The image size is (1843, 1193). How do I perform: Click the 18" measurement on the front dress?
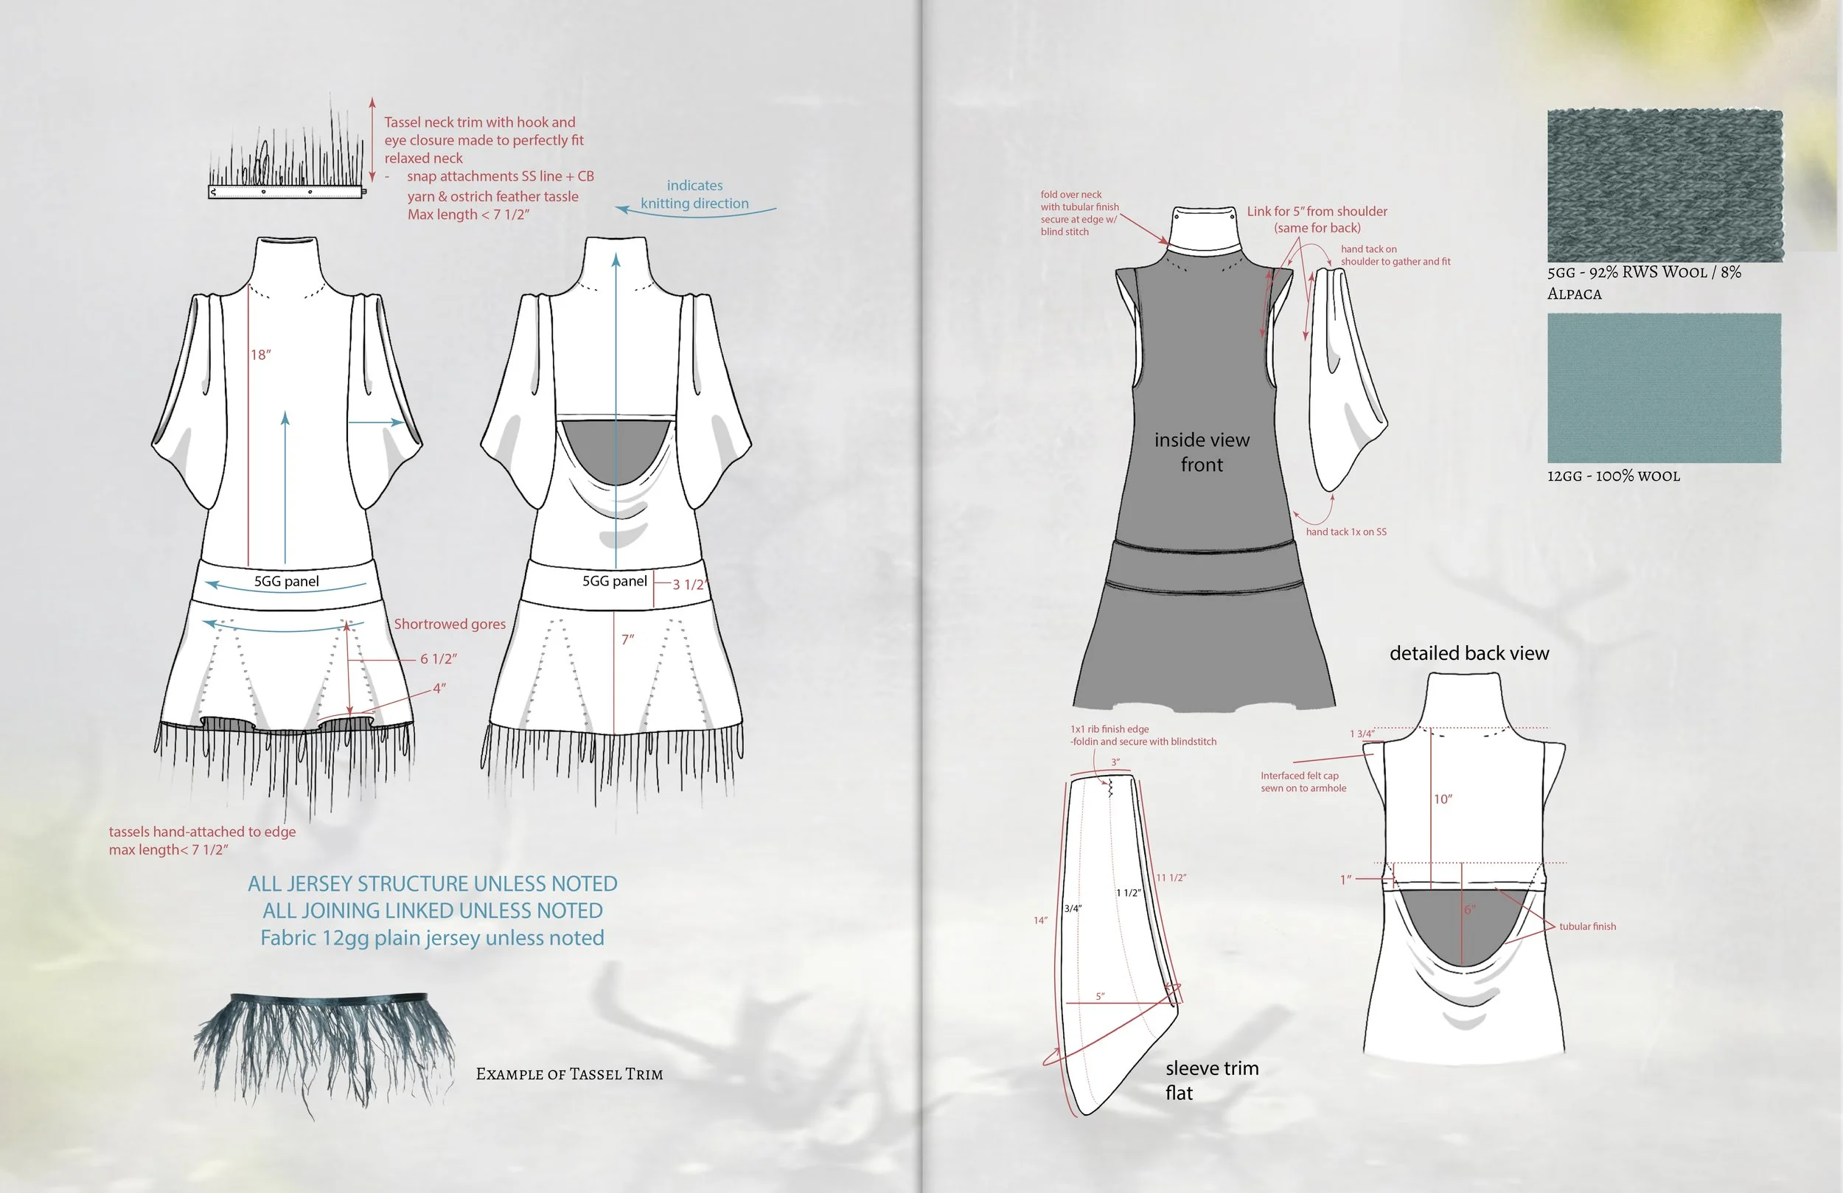260,355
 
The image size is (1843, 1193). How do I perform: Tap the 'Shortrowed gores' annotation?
449,624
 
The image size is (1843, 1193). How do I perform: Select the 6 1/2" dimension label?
439,658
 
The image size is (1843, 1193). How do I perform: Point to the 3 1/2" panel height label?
689,584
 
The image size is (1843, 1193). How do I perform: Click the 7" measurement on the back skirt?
627,639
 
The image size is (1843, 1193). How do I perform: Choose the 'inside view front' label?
1202,452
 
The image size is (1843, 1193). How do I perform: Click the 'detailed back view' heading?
1469,653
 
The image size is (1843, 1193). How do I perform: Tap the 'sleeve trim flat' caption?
1212,1080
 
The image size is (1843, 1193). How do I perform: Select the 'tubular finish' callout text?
1587,926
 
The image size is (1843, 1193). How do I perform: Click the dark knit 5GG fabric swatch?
1665,185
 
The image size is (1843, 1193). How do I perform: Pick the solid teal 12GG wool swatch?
1664,387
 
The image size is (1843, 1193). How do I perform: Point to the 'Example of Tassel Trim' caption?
569,1074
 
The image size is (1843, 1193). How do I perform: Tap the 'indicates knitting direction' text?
694,195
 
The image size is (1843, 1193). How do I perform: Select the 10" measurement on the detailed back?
1443,799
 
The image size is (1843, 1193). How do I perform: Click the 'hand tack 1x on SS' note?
1346,532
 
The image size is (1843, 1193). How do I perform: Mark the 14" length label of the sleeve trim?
1040,920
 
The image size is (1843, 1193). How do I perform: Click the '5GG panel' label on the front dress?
287,581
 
